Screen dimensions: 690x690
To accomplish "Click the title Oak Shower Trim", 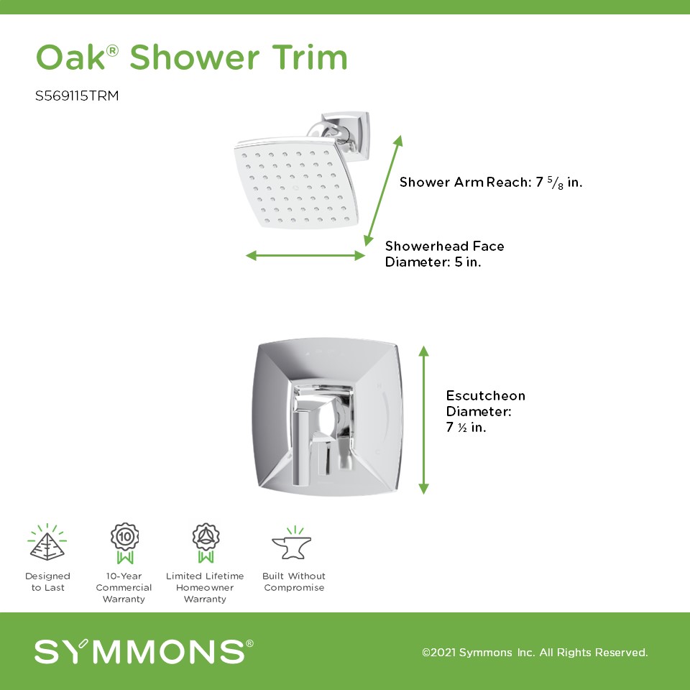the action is tap(191, 57).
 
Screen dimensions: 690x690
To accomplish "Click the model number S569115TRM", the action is tap(77, 96).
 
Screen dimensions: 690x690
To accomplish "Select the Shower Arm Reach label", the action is tap(491, 182).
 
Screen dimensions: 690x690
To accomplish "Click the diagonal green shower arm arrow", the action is tap(383, 190).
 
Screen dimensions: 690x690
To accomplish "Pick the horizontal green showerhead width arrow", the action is tap(305, 255).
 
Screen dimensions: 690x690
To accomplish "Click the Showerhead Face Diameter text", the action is tap(444, 254).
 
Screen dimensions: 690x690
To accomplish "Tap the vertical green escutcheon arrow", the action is tap(423, 420).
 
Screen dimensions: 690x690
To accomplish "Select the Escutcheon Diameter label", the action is tap(485, 411).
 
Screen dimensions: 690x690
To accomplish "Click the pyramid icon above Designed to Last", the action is tap(47, 543).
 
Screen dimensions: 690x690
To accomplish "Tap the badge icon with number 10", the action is tap(124, 543).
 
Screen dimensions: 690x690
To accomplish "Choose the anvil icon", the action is tap(292, 543).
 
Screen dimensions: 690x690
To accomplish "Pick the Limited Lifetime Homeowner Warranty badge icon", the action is tap(206, 543).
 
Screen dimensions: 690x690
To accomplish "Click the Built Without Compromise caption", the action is tap(294, 581).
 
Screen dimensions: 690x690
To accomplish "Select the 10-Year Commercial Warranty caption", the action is tap(124, 587).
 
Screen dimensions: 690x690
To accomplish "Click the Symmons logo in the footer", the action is tap(144, 651).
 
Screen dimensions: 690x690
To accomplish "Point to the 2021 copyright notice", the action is tap(535, 652).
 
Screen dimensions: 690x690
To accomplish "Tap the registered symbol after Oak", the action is tap(112, 50).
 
